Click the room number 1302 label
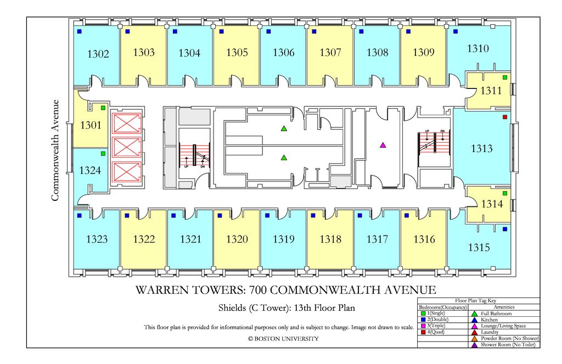98,54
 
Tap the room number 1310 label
478,48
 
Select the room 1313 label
481,148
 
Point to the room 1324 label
90,171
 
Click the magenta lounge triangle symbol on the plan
383,145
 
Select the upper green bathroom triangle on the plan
284,129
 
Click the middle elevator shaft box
127,147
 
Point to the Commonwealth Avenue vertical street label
55,150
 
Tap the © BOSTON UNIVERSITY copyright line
283,339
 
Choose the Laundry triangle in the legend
474,332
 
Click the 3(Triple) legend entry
434,326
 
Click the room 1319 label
284,239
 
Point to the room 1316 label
424,239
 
